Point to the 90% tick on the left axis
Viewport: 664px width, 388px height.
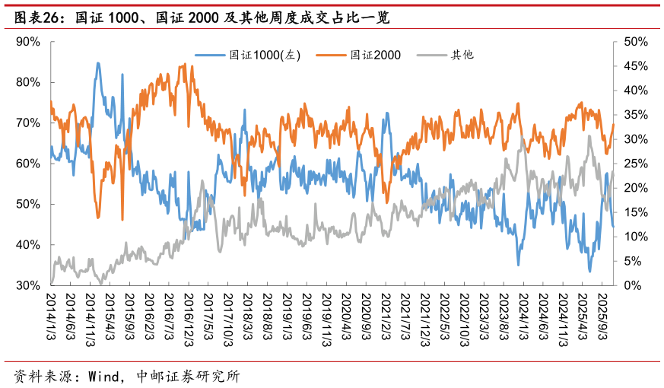tap(28, 41)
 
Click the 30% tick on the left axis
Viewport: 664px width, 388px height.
tap(28, 285)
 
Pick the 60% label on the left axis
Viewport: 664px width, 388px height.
tap(28, 164)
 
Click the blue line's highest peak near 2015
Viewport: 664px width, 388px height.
tap(98, 63)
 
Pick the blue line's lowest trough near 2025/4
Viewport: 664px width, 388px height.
tap(589, 271)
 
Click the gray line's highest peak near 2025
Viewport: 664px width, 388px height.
tap(590, 137)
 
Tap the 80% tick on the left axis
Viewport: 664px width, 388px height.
tap(28, 82)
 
